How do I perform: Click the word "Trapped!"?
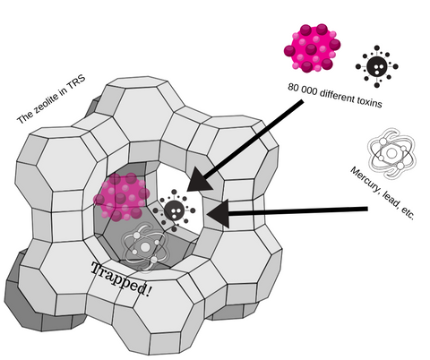121,280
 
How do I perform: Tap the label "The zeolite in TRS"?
51,99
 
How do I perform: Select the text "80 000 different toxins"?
335,95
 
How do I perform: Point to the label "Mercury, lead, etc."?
383,193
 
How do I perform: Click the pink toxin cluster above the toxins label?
313,47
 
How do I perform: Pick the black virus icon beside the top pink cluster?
377,66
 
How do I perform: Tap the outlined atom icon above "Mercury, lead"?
391,154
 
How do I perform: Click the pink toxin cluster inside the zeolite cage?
122,197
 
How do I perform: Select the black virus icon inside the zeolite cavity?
174,210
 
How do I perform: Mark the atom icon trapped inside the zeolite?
145,247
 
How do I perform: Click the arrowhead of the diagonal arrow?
200,180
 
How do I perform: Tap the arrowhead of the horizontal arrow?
218,213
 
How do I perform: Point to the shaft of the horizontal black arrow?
298,211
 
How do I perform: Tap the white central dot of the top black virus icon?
378,67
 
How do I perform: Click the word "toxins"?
369,101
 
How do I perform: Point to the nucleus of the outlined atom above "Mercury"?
391,153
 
